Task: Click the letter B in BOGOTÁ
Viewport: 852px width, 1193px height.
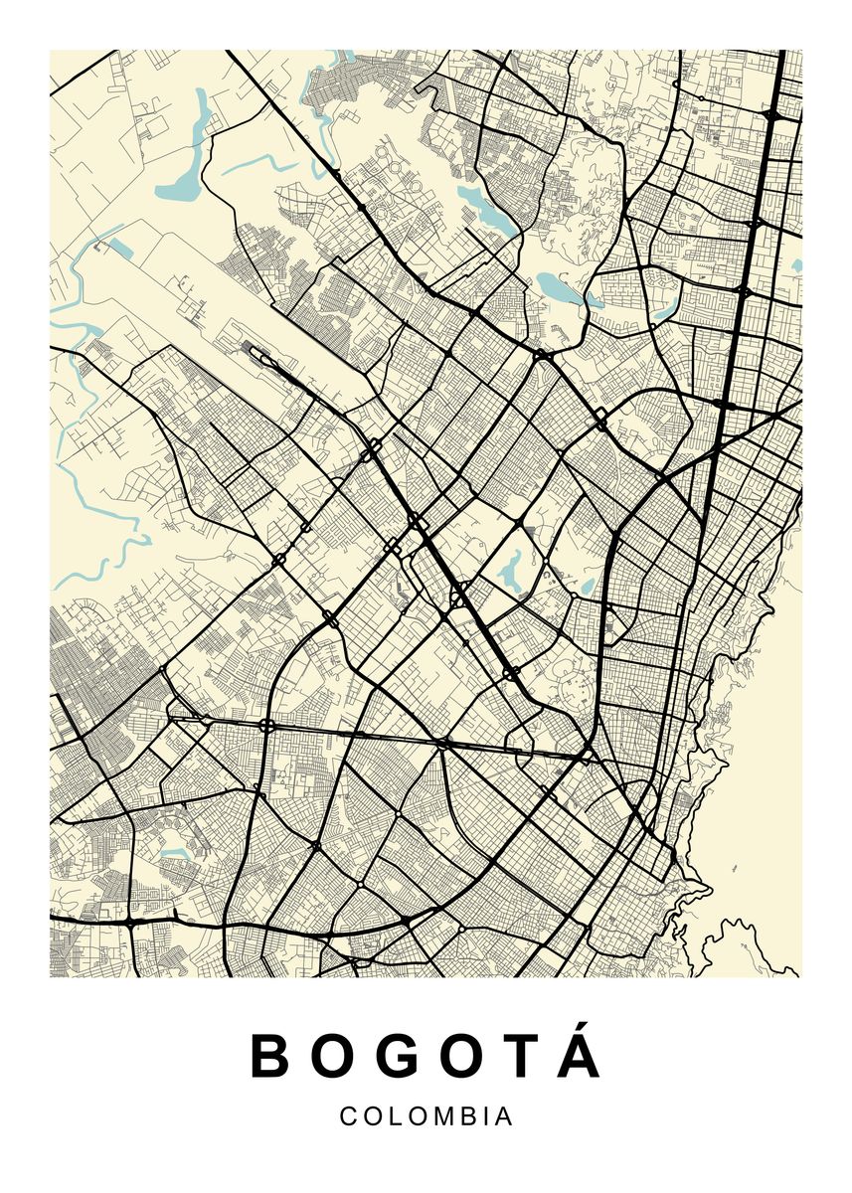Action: pos(268,1057)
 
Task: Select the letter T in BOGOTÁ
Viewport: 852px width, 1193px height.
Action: pos(517,1057)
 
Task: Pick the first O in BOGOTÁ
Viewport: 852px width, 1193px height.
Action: pos(333,1057)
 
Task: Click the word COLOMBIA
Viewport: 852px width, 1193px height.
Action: pos(426,1116)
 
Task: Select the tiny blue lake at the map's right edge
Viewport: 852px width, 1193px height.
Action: pos(796,265)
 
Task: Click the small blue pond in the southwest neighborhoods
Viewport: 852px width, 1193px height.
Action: pos(175,852)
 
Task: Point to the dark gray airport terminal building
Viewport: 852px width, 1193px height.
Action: pos(260,356)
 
